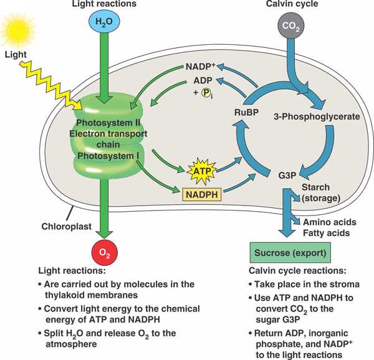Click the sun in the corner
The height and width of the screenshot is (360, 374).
click(17, 26)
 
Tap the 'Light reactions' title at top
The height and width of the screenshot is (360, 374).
click(102, 5)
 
